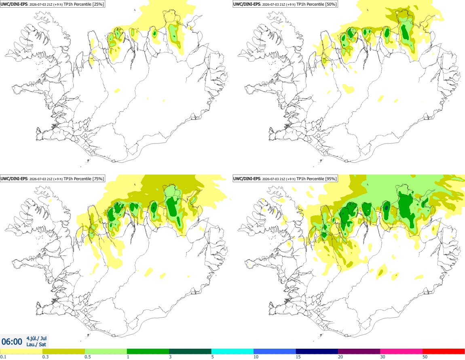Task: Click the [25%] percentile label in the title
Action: [x=98, y=4]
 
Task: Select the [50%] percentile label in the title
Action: [x=331, y=4]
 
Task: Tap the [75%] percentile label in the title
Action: [x=98, y=179]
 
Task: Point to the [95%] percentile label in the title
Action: [x=331, y=179]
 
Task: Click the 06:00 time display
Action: [x=12, y=342]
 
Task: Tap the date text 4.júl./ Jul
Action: [x=36, y=338]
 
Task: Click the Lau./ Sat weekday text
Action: [x=36, y=344]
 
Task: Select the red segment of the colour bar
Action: [x=444, y=352]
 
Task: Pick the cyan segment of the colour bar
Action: [x=232, y=352]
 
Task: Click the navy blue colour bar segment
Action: [x=317, y=352]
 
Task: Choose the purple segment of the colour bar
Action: [x=359, y=352]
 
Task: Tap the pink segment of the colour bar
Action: [x=401, y=352]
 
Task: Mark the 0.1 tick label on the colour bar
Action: [x=3, y=357]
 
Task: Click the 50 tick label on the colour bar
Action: [x=425, y=357]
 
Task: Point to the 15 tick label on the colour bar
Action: [x=298, y=357]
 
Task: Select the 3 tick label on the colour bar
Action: [x=170, y=357]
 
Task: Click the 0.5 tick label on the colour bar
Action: [x=88, y=357]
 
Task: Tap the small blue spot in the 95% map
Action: [x=386, y=208]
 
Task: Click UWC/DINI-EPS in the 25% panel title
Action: [x=14, y=4]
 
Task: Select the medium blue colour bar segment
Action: [x=275, y=352]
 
